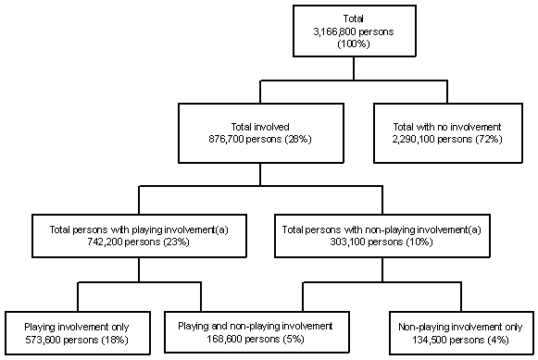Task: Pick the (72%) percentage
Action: (486, 139)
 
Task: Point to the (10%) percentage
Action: (428, 242)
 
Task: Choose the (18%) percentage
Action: (118, 341)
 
